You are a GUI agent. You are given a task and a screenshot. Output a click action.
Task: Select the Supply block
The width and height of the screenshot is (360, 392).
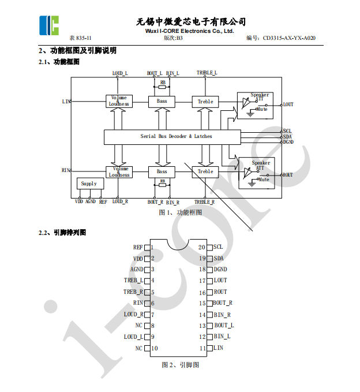click(x=89, y=184)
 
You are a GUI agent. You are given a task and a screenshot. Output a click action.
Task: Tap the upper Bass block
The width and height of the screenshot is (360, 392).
click(x=162, y=102)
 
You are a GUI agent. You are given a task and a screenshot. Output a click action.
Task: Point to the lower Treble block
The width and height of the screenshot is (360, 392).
click(x=205, y=171)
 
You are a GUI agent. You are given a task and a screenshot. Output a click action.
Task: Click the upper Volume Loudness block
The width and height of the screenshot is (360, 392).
click(x=119, y=101)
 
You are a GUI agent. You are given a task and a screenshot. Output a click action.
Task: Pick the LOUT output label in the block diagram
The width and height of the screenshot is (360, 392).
click(x=288, y=104)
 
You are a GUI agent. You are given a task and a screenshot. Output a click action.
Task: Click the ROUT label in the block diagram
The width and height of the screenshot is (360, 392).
click(x=287, y=174)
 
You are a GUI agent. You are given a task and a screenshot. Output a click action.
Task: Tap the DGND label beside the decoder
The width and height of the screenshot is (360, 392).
click(x=288, y=141)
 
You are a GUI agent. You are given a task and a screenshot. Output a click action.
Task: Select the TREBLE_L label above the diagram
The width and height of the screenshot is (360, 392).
click(x=207, y=73)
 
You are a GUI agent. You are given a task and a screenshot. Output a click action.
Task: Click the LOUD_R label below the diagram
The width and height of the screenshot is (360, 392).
click(x=119, y=201)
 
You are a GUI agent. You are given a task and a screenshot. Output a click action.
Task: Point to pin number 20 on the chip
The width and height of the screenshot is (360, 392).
click(x=202, y=247)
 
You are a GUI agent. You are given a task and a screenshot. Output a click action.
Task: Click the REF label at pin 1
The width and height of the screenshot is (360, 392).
click(x=138, y=247)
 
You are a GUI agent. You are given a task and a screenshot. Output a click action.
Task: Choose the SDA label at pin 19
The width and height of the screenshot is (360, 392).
click(x=219, y=258)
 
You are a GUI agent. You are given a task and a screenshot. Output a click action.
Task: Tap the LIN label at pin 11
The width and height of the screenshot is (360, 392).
click(x=218, y=348)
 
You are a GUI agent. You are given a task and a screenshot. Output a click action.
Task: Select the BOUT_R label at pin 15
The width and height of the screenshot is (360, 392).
click(x=223, y=303)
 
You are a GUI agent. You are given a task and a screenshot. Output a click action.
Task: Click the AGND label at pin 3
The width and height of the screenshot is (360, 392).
click(x=137, y=270)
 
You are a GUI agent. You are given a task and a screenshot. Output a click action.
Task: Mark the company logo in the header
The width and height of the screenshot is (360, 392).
click(x=49, y=24)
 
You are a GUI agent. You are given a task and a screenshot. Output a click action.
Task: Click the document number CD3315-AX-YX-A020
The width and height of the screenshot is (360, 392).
click(x=289, y=38)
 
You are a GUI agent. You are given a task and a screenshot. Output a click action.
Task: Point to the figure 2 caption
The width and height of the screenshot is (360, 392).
click(x=181, y=365)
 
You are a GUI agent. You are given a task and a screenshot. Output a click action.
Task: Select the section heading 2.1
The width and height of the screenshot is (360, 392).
click(x=59, y=62)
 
